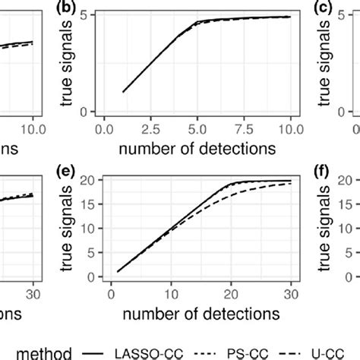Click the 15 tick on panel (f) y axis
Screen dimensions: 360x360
[x=341, y=204]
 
